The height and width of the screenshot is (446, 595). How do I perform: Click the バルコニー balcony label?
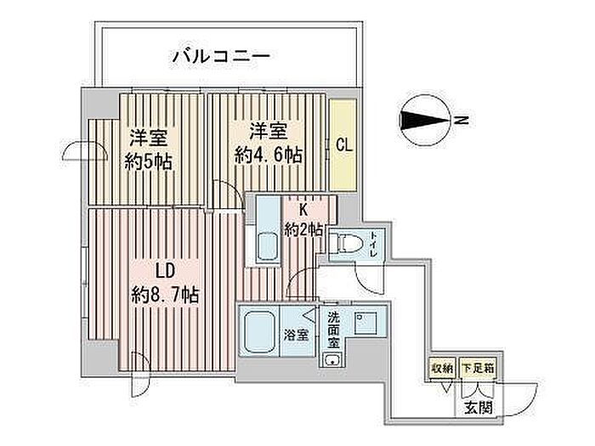click(x=221, y=58)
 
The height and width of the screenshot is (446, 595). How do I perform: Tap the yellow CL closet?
click(x=343, y=145)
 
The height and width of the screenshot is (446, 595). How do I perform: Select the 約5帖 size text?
click(x=148, y=161)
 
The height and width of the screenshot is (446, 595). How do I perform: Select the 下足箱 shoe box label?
click(x=473, y=370)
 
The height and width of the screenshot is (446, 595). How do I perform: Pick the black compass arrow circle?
click(x=424, y=120)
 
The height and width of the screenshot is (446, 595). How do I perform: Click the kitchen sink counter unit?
click(x=268, y=231)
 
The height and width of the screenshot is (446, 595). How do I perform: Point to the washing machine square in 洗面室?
click(x=365, y=325)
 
